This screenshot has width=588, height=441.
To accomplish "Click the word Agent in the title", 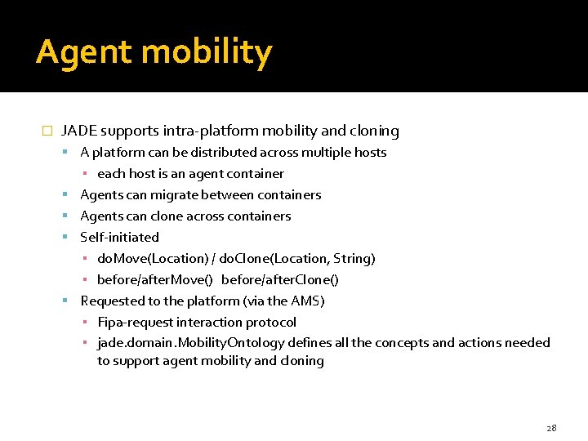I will click(82, 53).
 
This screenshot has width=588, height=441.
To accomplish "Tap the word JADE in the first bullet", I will click(78, 131).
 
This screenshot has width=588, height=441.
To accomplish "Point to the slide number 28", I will click(551, 428).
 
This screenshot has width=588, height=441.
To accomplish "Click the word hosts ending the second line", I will click(369, 153).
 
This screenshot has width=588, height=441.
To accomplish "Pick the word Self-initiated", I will click(119, 238).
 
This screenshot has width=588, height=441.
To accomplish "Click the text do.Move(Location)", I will click(153, 259).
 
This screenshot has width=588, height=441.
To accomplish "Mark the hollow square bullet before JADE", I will click(47, 131).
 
